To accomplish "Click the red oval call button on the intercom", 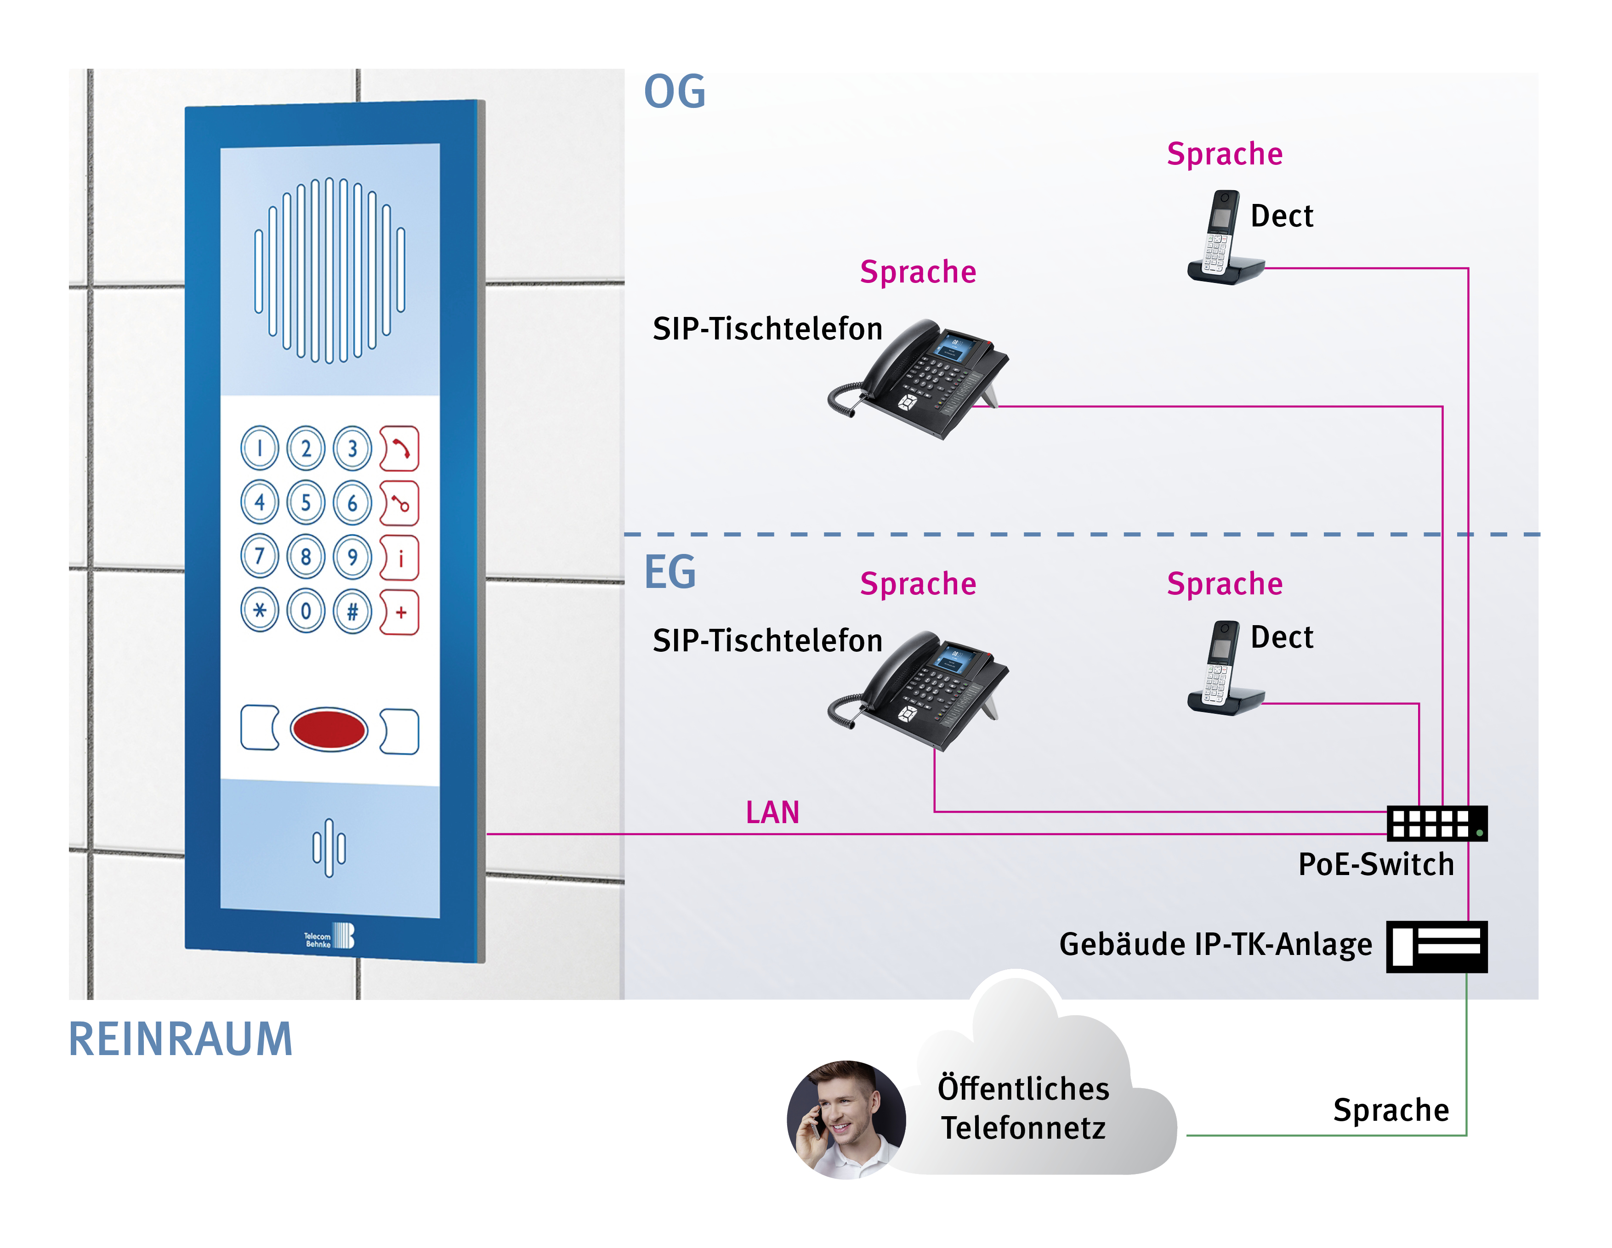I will coord(329,729).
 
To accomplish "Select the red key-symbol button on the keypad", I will coord(399,503).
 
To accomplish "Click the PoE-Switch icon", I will coord(1436,823).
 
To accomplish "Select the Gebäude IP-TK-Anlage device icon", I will coord(1436,946).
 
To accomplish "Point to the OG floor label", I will coord(675,92).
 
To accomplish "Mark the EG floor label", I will coord(670,572).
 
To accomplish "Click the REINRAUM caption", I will coord(181,1039).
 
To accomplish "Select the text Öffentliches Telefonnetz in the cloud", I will coord(1023,1108).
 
